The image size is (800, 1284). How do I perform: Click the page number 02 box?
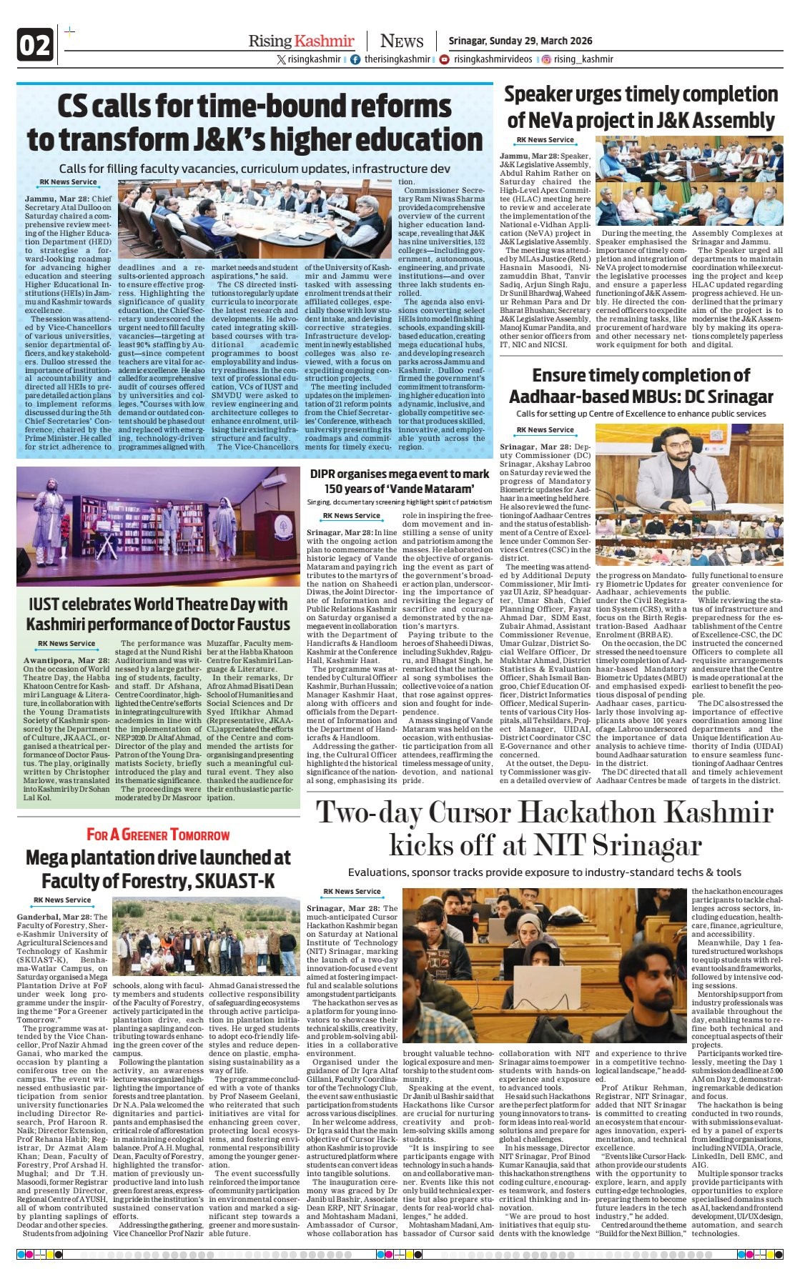coord(34,46)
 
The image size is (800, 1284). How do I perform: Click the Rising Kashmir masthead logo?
coord(301,41)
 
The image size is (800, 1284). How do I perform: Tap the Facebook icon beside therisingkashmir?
coord(355,59)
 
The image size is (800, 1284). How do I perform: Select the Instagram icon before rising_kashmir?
coord(546,59)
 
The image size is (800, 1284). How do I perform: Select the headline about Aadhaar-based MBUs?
coord(641,386)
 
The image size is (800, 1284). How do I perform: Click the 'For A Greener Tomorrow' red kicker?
coord(158,835)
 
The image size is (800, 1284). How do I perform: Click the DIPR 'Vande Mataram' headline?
coord(400,482)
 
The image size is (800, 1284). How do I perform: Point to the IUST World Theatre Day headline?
coord(157,614)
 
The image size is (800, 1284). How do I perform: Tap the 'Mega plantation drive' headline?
coord(158,868)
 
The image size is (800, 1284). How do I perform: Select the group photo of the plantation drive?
coord(207,937)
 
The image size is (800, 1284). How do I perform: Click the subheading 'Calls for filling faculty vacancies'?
coord(255,169)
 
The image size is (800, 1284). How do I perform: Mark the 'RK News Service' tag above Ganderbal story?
coord(63,900)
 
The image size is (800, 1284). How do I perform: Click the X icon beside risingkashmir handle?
coord(282,59)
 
